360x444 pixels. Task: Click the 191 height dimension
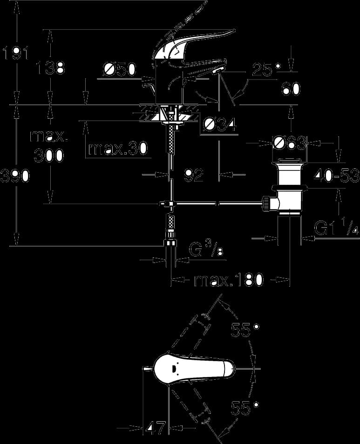click(x=15, y=54)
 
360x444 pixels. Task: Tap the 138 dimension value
click(x=50, y=67)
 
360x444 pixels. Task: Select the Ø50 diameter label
click(x=120, y=69)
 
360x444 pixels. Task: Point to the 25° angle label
click(x=267, y=69)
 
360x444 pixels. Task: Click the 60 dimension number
click(x=291, y=89)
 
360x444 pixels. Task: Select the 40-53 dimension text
click(x=336, y=176)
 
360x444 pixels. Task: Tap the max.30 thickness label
click(x=118, y=148)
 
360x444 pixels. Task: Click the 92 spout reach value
click(x=194, y=175)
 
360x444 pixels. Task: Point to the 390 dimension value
click(x=15, y=176)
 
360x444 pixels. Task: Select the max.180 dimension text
click(x=229, y=280)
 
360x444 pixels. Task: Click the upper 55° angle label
click(x=245, y=330)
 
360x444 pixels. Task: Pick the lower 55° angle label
click(x=245, y=408)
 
